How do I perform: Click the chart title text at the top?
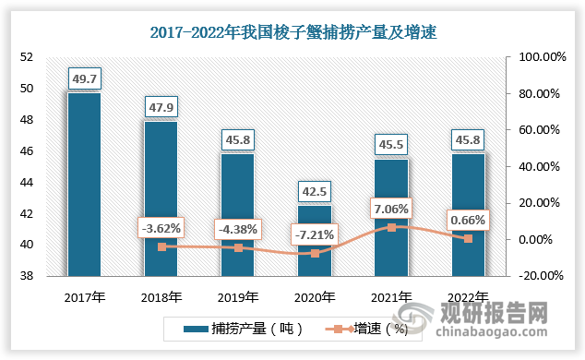(x=292, y=33)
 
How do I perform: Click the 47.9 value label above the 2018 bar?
(x=161, y=106)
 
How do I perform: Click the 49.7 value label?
(x=85, y=78)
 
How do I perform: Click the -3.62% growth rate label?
(x=161, y=227)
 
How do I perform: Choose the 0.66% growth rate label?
(x=469, y=220)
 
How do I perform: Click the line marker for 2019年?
(x=239, y=247)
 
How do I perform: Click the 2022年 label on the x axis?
(x=469, y=297)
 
